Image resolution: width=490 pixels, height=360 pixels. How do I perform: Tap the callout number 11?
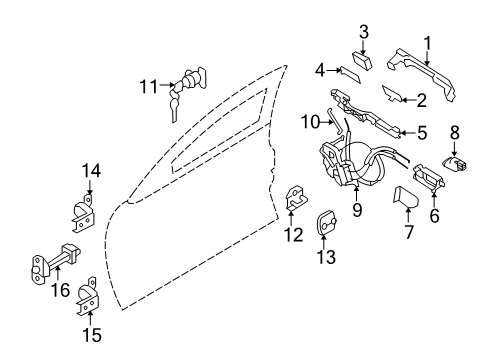(147, 87)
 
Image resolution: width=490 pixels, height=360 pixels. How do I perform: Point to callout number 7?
(407, 231)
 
